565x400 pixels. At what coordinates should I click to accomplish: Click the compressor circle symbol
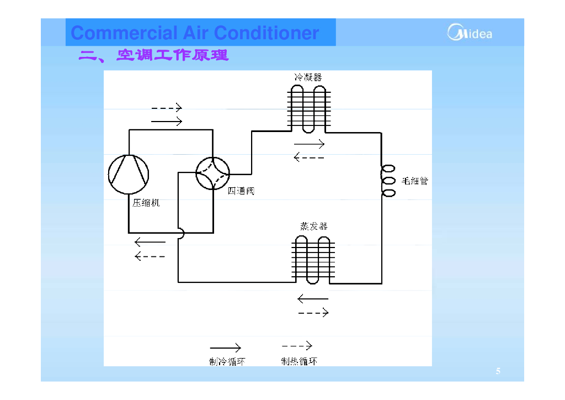pyautogui.click(x=128, y=174)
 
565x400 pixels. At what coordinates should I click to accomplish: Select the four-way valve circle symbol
pyautogui.click(x=212, y=174)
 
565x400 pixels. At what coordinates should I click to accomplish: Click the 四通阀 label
pyautogui.click(x=241, y=191)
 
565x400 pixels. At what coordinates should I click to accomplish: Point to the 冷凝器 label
pyautogui.click(x=308, y=77)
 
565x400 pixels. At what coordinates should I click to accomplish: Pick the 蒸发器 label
pyautogui.click(x=313, y=226)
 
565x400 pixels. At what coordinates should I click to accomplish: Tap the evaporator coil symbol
pyautogui.click(x=313, y=259)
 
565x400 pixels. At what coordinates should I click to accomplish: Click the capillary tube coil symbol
pyautogui.click(x=388, y=181)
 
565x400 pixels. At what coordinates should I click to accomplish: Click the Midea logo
pyautogui.click(x=470, y=33)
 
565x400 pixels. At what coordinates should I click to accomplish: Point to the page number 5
pyautogui.click(x=498, y=371)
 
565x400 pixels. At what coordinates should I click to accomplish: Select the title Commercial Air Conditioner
pyautogui.click(x=195, y=33)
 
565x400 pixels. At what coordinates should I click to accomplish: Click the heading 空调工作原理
pyautogui.click(x=153, y=55)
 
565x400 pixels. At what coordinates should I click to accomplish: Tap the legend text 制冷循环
pyautogui.click(x=227, y=361)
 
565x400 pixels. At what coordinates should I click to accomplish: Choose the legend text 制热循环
pyautogui.click(x=299, y=361)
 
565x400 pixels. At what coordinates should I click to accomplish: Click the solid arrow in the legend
pyautogui.click(x=225, y=348)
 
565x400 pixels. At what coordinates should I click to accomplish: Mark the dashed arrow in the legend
pyautogui.click(x=297, y=346)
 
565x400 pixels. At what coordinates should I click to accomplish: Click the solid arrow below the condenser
pyautogui.click(x=309, y=144)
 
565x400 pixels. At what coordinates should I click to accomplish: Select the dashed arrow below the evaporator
pyautogui.click(x=313, y=313)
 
